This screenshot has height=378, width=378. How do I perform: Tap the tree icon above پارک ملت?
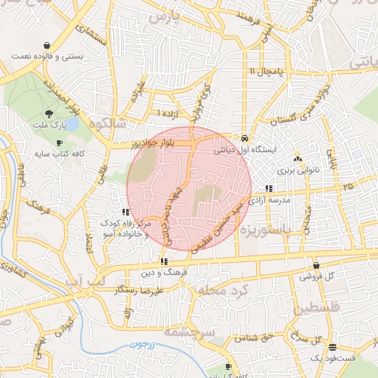point(49,114)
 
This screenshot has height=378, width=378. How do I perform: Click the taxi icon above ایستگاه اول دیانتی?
point(244,138)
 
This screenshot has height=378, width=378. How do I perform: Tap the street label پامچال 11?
point(262,71)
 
